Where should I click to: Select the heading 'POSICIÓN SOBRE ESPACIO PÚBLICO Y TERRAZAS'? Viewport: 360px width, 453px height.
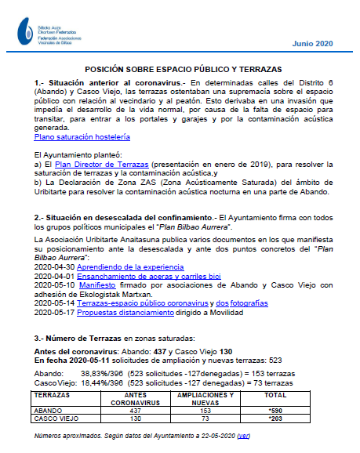click(x=183, y=70)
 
